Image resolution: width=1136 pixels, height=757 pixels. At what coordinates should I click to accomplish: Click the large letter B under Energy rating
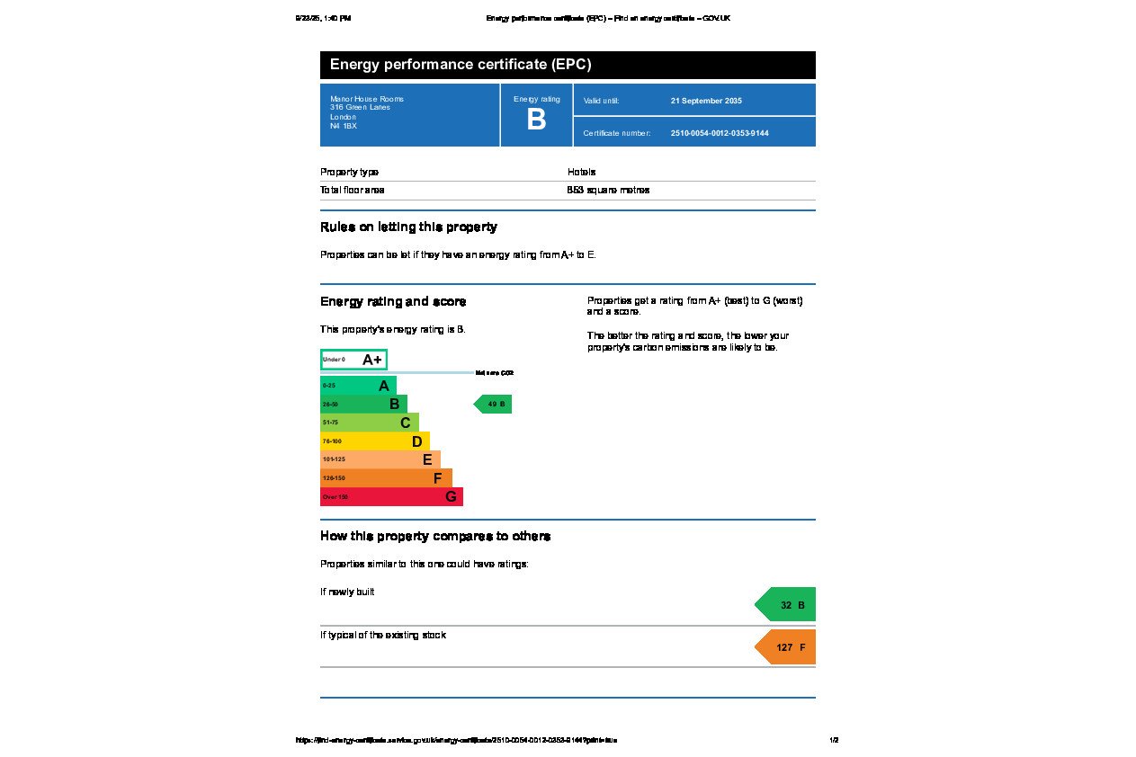[x=536, y=120]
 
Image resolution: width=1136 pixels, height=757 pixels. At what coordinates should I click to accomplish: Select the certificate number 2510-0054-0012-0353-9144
[x=720, y=133]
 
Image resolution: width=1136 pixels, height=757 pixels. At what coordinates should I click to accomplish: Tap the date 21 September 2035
[x=706, y=101]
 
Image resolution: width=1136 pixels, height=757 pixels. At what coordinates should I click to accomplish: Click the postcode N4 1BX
[x=344, y=126]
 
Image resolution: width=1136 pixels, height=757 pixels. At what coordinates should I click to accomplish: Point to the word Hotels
[x=581, y=172]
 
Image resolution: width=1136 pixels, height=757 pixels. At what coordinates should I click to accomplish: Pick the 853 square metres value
[x=608, y=190]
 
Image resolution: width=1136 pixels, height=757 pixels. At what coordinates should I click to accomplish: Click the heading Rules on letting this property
[x=408, y=227]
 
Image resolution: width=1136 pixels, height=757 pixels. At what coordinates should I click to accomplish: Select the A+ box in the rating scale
[x=353, y=360]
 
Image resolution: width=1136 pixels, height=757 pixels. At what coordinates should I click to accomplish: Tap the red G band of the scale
[x=391, y=496]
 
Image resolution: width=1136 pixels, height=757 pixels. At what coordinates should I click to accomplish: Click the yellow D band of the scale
[x=374, y=441]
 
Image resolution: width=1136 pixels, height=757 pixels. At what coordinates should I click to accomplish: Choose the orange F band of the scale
[x=386, y=478]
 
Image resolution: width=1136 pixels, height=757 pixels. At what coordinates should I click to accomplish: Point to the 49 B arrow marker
[x=494, y=405]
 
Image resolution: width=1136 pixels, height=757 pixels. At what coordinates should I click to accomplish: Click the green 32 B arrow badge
[x=787, y=605]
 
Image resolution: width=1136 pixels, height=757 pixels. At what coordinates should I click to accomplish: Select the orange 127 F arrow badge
[x=787, y=647]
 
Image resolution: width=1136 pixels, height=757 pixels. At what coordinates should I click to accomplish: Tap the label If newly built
[x=347, y=592]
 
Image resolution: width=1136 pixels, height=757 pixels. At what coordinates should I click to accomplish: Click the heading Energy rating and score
[x=393, y=301]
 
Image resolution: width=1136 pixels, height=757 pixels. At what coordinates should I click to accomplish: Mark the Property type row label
[x=349, y=172]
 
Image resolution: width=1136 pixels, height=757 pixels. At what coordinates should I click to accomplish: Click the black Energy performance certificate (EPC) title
[x=461, y=65]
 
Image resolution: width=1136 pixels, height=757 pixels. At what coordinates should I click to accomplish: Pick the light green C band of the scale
[x=369, y=423]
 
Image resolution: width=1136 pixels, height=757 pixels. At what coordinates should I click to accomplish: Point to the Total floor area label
[x=353, y=190]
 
